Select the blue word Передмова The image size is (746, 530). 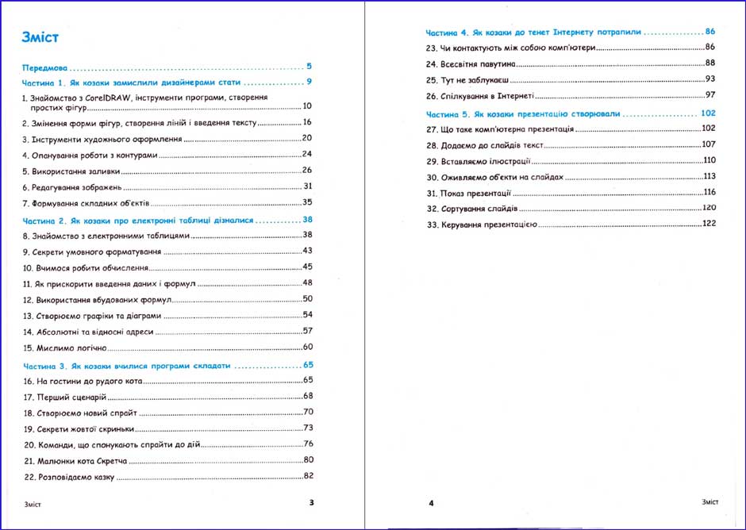pos(46,67)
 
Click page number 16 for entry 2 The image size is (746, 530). pos(307,122)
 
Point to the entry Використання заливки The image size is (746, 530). pos(75,171)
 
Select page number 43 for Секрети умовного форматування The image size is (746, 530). pos(307,251)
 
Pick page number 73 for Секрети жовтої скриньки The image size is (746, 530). pos(308,428)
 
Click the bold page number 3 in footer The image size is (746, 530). pos(311,502)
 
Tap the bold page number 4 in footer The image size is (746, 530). pos(431,503)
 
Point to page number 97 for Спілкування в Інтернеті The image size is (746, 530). pos(710,95)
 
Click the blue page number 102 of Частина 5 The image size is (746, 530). pos(708,113)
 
